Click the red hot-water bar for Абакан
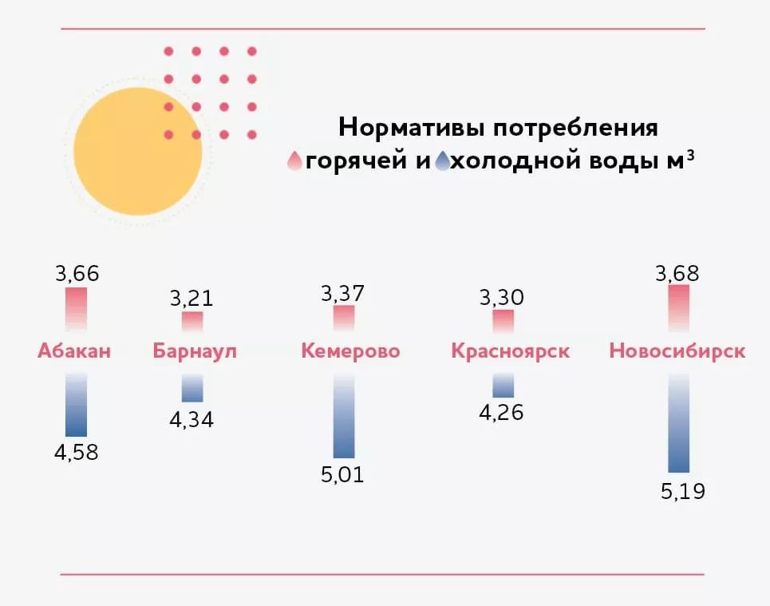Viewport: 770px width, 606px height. [x=77, y=310]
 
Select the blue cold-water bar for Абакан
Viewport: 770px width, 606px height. [x=77, y=406]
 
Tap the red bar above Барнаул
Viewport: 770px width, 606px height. [x=192, y=322]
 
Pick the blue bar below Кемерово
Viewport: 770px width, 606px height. [x=344, y=416]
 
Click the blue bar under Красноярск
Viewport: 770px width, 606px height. [x=503, y=386]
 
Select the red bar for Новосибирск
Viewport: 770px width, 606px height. [x=678, y=308]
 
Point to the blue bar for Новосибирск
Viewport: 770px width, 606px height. [x=678, y=423]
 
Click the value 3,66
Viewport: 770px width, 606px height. [x=77, y=274]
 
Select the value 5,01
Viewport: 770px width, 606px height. [x=344, y=475]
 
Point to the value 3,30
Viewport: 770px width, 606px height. [x=503, y=298]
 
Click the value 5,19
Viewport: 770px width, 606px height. [x=683, y=490]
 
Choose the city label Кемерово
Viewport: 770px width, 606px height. [x=350, y=351]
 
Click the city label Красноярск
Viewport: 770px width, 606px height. [x=510, y=351]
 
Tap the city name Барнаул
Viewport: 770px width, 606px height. [x=195, y=351]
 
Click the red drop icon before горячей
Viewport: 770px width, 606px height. [x=295, y=162]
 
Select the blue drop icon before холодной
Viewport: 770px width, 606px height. [x=443, y=162]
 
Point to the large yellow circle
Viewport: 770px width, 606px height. [x=137, y=152]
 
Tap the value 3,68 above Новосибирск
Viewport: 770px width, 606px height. [x=677, y=274]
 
